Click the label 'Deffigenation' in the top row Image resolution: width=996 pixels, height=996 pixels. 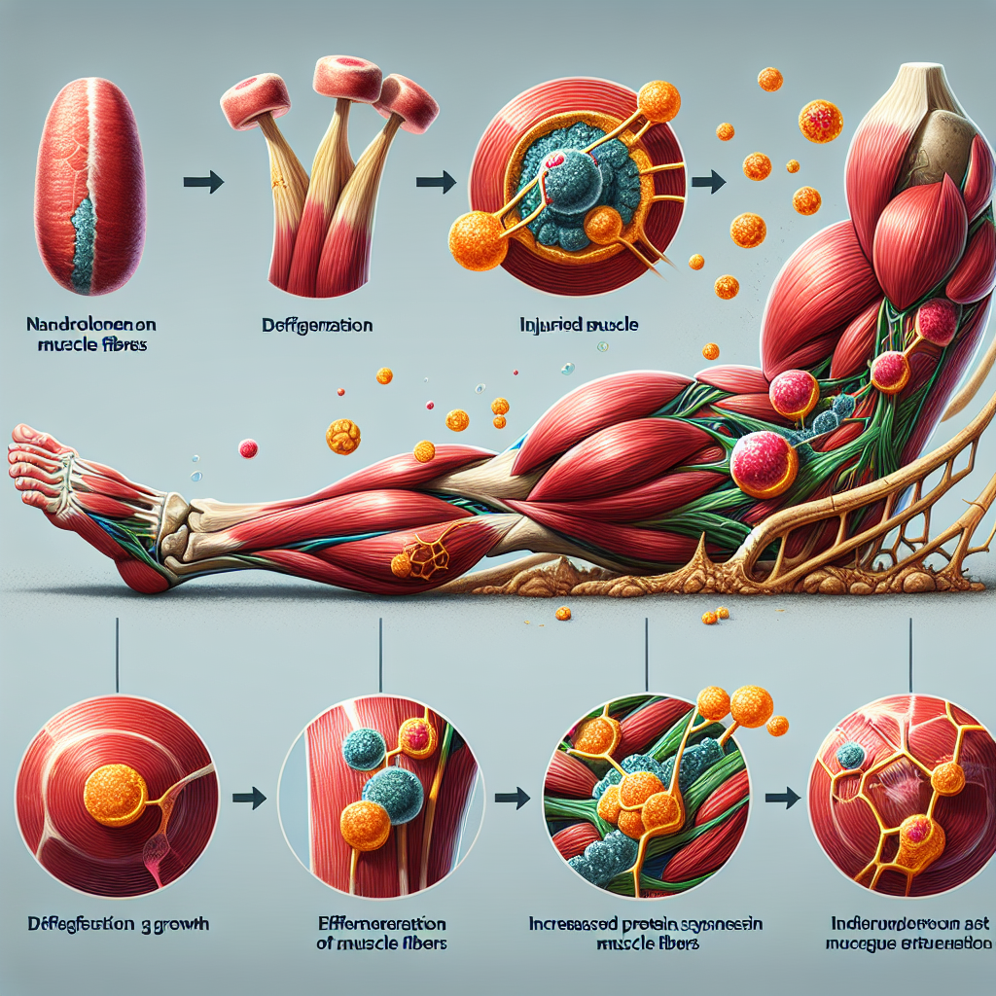(x=316, y=327)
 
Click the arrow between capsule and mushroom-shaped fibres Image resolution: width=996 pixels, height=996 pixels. (x=203, y=181)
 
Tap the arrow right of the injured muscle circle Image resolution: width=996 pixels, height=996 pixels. (x=712, y=181)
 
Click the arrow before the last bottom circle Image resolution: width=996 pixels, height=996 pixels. (x=776, y=799)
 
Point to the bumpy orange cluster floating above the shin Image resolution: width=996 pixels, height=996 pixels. (x=342, y=436)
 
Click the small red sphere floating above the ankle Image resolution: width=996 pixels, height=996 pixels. (x=248, y=448)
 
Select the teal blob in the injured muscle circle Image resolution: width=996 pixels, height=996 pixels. (x=574, y=195)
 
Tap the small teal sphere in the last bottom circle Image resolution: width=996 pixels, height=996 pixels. (x=852, y=756)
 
